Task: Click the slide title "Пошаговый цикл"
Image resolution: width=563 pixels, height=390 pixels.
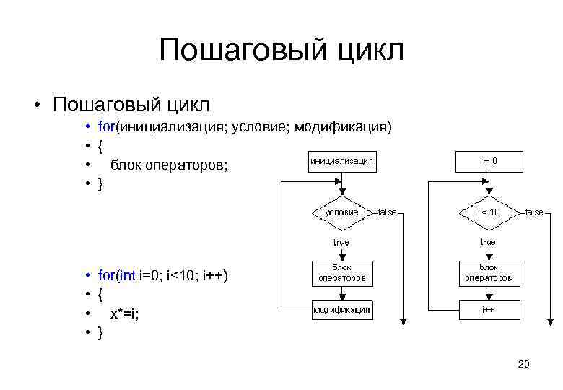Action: click(281, 51)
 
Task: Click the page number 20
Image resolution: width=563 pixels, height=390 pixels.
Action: click(524, 365)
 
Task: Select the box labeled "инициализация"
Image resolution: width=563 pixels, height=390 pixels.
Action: click(341, 160)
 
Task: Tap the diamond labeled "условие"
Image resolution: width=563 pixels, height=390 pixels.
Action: click(341, 212)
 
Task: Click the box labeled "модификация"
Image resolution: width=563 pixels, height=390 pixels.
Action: click(341, 310)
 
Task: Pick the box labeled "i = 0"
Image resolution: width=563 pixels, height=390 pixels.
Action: click(488, 160)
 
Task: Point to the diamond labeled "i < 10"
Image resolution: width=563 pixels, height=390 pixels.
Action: click(488, 212)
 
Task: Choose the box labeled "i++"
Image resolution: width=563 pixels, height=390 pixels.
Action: click(488, 310)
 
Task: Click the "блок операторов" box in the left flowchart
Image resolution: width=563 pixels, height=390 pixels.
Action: click(341, 272)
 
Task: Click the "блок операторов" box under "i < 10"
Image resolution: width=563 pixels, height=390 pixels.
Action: click(488, 272)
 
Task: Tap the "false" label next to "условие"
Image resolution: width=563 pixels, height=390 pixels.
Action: click(388, 212)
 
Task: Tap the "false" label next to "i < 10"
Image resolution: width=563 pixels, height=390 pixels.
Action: click(534, 212)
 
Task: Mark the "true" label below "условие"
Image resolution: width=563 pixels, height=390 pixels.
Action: click(341, 243)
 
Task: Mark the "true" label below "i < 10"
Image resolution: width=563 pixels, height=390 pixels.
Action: click(488, 243)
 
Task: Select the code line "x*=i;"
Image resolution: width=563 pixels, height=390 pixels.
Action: click(125, 313)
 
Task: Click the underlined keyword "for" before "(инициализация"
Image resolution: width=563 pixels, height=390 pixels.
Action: click(106, 128)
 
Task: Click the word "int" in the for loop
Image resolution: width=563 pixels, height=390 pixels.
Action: click(126, 275)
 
